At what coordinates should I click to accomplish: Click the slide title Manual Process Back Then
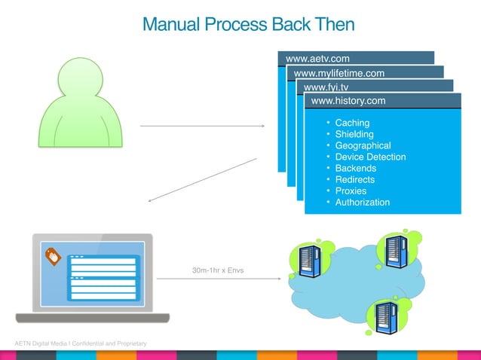248,25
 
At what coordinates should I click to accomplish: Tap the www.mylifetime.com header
339,73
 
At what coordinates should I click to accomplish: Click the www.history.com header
348,100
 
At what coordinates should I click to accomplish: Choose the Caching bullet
352,123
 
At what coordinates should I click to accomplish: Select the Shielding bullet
354,134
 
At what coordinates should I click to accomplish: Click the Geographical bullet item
363,145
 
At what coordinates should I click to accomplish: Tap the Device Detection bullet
370,157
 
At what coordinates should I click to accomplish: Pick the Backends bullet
355,168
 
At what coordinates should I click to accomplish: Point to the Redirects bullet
354,179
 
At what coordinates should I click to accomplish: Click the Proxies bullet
351,191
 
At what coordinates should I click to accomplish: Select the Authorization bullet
362,202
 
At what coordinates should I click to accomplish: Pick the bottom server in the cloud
384,317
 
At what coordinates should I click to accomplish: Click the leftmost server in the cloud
305,260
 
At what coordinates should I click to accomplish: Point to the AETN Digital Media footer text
75,344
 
